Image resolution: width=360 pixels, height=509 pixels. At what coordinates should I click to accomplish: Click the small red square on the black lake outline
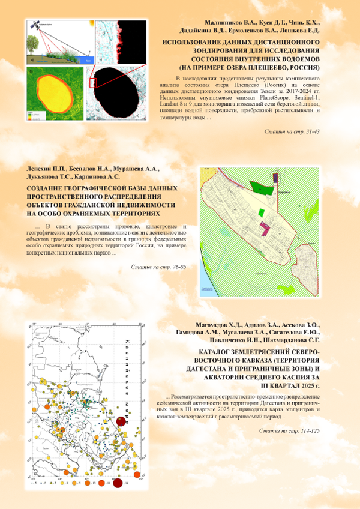94,83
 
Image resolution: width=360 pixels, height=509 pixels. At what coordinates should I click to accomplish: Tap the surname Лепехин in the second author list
42,169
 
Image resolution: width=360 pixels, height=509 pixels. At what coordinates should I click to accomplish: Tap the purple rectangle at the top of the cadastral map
275,177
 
